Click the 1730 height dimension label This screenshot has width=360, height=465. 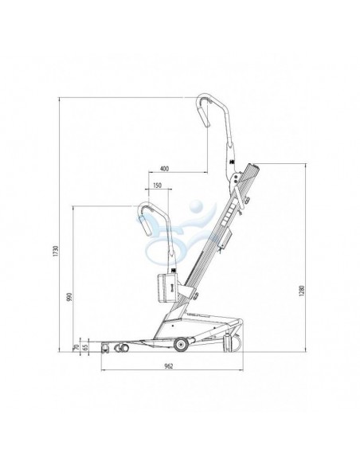click(57, 252)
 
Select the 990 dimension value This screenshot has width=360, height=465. click(69, 297)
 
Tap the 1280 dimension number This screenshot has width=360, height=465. click(302, 291)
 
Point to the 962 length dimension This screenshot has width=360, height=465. click(168, 366)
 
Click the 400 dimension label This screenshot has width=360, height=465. click(164, 169)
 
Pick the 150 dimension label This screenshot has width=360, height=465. click(157, 186)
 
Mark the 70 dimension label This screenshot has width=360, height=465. click(76, 347)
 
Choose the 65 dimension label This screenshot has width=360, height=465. click(85, 347)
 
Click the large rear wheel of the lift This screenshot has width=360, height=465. click(181, 345)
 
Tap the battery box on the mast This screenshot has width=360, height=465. click(167, 288)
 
